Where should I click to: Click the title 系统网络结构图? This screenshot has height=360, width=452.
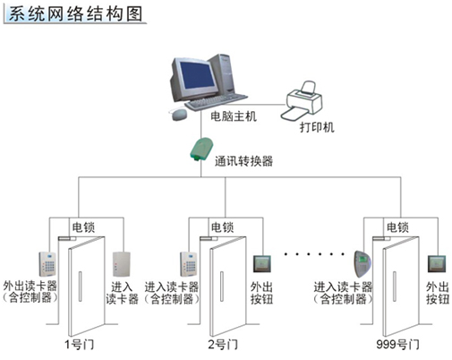(75, 13)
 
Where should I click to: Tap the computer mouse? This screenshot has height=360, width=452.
(179, 115)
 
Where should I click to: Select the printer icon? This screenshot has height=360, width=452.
(302, 100)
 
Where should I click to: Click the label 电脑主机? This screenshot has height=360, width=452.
(234, 116)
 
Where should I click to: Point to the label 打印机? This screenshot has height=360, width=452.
(317, 127)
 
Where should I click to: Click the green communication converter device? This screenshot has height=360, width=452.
(201, 150)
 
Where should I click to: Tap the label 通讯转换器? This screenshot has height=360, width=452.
(243, 161)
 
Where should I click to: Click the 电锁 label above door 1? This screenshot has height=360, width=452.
(83, 227)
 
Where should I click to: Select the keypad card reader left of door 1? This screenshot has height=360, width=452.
(47, 264)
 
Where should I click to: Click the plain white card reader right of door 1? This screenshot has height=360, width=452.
(122, 264)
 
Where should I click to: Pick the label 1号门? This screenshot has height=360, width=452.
(80, 345)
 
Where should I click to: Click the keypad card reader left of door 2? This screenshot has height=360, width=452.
(189, 264)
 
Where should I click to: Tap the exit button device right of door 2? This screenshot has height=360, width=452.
(262, 264)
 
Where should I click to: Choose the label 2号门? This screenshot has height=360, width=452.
(223, 345)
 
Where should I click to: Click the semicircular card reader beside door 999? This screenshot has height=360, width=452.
(362, 264)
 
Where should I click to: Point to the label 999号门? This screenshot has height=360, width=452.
(397, 345)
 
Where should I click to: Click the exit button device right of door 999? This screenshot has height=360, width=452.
(437, 264)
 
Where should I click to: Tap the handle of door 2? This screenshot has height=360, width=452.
(222, 287)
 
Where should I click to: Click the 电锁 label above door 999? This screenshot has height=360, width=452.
(397, 227)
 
